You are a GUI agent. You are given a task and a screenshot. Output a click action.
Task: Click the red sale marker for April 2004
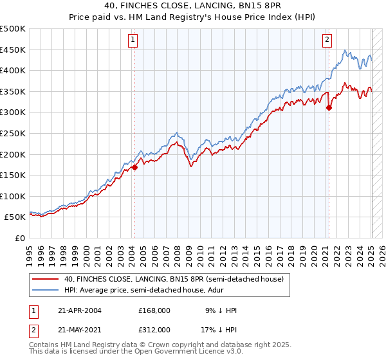134,168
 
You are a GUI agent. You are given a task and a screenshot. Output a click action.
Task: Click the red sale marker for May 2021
329,107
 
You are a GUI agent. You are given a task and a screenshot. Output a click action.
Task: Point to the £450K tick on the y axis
13,50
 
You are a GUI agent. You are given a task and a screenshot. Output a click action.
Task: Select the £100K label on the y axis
13,196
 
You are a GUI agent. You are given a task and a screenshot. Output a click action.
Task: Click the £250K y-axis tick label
13,133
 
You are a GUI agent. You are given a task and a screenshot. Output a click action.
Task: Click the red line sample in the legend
46,279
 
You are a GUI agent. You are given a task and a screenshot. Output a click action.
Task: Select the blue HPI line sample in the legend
46,290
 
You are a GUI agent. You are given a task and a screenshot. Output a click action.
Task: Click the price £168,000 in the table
154,310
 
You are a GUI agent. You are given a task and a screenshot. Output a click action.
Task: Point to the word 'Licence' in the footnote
176,352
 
